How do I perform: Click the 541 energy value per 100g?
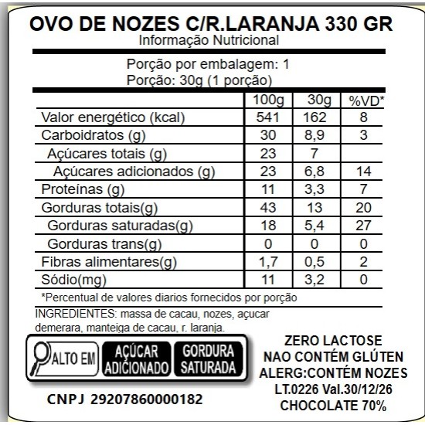[267, 117]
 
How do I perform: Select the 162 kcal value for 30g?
[318, 117]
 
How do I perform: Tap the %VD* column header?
[366, 100]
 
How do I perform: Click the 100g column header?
[267, 100]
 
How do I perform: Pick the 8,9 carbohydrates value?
[318, 135]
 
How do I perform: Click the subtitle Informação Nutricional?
[209, 40]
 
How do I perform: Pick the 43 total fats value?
[267, 207]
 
